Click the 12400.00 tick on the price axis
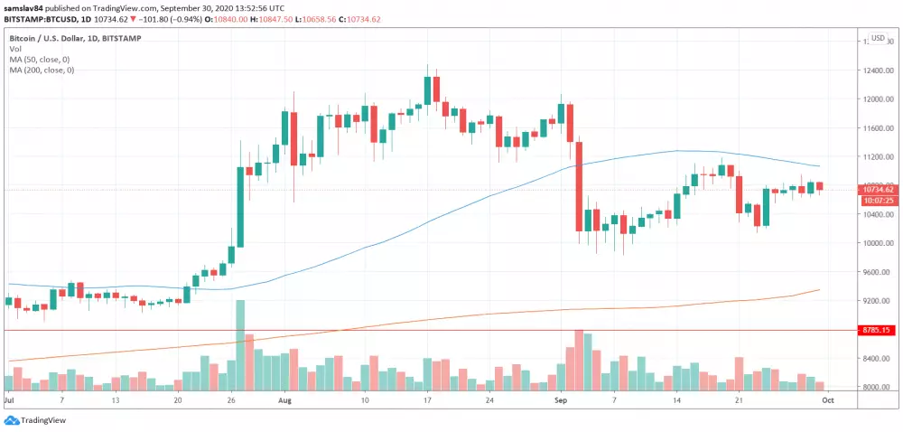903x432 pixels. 878,70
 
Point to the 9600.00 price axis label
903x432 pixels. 878,272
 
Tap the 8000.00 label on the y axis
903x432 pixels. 878,388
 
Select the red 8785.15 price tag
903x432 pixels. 878,331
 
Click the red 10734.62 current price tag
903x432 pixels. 878,189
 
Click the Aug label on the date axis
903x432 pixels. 285,399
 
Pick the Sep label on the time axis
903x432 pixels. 561,399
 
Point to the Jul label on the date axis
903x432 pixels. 10,399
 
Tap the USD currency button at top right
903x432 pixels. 877,38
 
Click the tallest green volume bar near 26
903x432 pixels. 240,344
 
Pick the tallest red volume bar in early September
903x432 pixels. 579,359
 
